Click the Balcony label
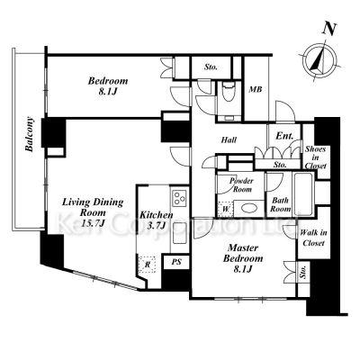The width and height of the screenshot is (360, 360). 30,134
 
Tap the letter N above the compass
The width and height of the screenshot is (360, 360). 329,29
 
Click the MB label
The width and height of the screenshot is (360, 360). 256,89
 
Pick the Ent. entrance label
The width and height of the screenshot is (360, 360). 284,136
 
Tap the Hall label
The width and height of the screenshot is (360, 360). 229,139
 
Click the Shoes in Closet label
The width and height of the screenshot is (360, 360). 315,157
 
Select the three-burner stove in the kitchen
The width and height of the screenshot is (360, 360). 179,198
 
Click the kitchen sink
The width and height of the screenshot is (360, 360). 179,233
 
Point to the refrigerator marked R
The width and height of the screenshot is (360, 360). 148,265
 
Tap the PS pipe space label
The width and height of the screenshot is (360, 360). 176,262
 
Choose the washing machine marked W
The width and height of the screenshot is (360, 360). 225,209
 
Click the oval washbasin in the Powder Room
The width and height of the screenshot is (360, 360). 249,209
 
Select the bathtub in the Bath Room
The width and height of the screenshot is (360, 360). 302,193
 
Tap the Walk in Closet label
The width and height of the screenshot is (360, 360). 313,238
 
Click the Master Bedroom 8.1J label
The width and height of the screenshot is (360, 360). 243,258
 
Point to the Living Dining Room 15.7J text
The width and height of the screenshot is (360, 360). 93,212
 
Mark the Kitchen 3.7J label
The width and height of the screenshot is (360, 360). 157,220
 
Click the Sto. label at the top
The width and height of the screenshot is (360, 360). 211,67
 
